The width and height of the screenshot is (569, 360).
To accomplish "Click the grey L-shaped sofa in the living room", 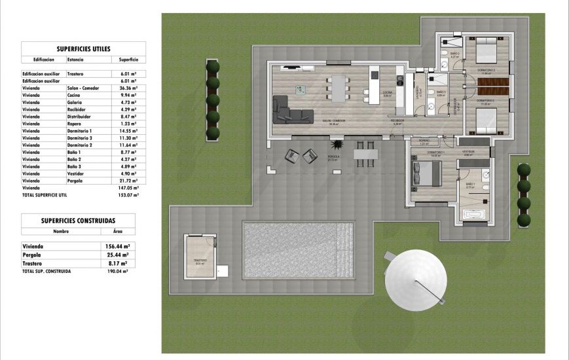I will click(291, 109).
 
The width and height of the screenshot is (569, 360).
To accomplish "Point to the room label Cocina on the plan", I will click(388, 94).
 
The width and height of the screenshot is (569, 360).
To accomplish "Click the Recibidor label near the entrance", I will click(397, 121).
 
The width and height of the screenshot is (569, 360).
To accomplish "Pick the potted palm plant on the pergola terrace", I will click(337, 143).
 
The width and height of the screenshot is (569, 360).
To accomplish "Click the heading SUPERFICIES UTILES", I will click(83, 48).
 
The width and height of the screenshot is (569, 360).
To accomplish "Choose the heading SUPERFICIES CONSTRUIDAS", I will click(78, 221).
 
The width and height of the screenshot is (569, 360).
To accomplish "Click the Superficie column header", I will click(128, 60).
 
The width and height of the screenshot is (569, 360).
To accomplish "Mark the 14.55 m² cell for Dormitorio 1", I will click(128, 131).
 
